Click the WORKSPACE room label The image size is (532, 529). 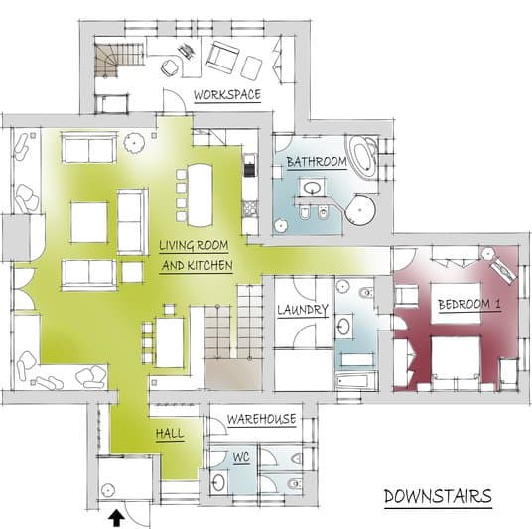pos(227,94)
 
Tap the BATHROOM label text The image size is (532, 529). pos(317,162)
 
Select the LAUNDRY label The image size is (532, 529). pos(303,310)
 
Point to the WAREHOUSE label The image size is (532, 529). pos(262,419)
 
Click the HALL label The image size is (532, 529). pos(170,434)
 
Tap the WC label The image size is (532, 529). pos(241,457)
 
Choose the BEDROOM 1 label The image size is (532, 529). pos(469,304)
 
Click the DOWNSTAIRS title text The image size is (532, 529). pos(438,497)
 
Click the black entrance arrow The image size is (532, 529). pos(116,518)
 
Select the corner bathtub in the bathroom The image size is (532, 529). pos(363,156)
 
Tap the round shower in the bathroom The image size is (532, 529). pos(360,209)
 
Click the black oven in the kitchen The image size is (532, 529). pos(249,165)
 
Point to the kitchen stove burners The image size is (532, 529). pos(249,208)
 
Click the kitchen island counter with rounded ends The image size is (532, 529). pos(199,196)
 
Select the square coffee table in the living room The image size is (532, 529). pos(89,222)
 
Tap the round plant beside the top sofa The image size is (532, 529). pos(134,143)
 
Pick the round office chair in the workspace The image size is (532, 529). pos(170,67)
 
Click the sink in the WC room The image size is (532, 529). pos(218,482)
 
